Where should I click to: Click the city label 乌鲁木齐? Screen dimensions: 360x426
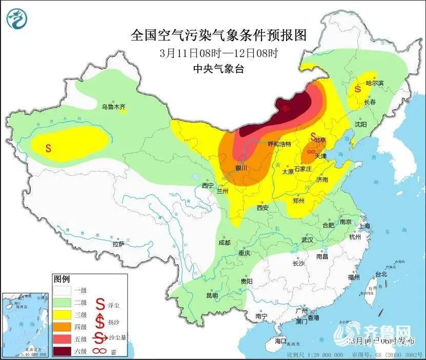pos(113,107)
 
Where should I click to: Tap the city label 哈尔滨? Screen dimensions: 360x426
pos(375,82)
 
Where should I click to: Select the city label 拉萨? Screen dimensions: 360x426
pos(118,244)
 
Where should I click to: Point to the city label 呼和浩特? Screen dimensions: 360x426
pos(279,144)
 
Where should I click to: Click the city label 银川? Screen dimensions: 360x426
pos(241,167)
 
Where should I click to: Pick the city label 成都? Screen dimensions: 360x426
pos(224,242)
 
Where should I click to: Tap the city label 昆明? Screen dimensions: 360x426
pos(212,295)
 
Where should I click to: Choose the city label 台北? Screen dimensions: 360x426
pos(381,274)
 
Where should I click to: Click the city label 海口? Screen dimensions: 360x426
pos(280,341)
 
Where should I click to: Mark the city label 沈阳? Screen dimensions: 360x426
pos(360,124)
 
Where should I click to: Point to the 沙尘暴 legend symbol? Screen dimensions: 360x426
pos(100,338)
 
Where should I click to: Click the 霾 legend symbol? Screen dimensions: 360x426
pos(100,351)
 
